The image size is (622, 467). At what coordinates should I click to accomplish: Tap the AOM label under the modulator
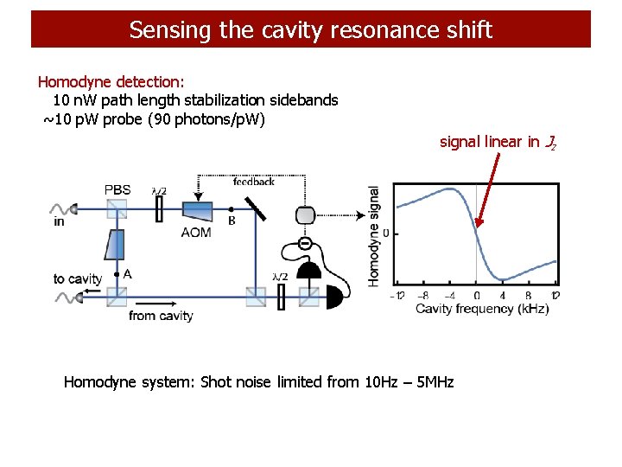click(x=196, y=233)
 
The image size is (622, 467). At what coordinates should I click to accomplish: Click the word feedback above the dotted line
click(x=254, y=182)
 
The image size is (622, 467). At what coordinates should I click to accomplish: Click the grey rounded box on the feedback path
click(x=307, y=214)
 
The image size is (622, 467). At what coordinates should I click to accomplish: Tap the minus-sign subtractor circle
click(x=306, y=244)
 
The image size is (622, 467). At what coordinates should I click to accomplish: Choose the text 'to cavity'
click(x=77, y=278)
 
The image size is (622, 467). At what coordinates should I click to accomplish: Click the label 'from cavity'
click(x=161, y=317)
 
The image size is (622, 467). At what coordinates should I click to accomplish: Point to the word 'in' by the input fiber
click(x=59, y=221)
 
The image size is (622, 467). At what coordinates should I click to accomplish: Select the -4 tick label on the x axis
click(x=449, y=295)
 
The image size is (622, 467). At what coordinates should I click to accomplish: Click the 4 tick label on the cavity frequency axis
click(x=503, y=295)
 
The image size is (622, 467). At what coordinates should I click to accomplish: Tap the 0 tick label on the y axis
click(x=384, y=233)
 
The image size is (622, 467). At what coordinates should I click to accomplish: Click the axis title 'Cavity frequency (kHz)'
click(x=481, y=309)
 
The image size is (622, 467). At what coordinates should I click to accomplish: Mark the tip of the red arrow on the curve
click(x=478, y=227)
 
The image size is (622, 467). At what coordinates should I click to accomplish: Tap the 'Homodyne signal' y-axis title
click(x=374, y=235)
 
